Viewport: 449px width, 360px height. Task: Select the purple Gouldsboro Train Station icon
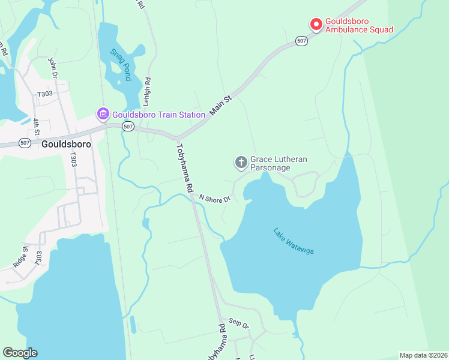pos(103,113)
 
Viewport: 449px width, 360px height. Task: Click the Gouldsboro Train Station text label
pos(158,114)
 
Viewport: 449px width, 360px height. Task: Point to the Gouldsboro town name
pos(66,144)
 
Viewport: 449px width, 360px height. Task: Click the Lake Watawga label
pos(293,241)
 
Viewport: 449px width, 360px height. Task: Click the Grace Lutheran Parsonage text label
pos(279,163)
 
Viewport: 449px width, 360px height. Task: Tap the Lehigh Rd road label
pos(146,92)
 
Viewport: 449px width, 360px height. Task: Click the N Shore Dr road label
pos(215,198)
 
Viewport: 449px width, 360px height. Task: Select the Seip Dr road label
pos(238,324)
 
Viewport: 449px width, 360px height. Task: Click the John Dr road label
pos(52,68)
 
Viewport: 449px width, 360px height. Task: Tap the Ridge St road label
pos(20,257)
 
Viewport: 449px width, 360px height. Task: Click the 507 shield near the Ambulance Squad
pos(301,41)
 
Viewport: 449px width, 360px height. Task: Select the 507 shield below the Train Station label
pos(127,126)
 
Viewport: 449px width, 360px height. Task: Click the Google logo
pos(20,353)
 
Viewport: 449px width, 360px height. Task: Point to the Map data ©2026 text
pos(423,355)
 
